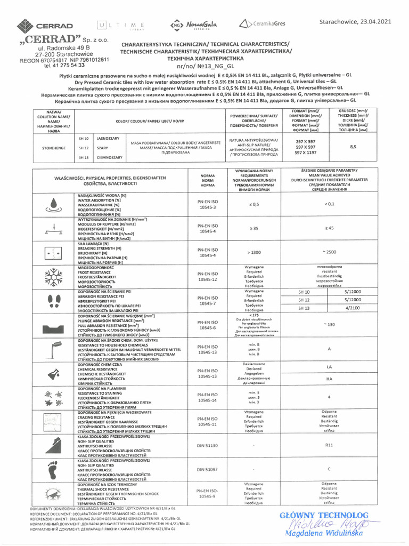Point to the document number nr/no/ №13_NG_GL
click(x=204, y=68)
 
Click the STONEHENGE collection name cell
click(x=53, y=148)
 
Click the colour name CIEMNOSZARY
click(x=110, y=157)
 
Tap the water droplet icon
click(x=55, y=204)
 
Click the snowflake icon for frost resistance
click(x=55, y=275)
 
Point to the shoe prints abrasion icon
click(x=55, y=301)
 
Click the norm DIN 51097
click(x=207, y=469)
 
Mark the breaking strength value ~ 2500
click(x=329, y=252)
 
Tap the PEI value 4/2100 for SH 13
click(x=353, y=308)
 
